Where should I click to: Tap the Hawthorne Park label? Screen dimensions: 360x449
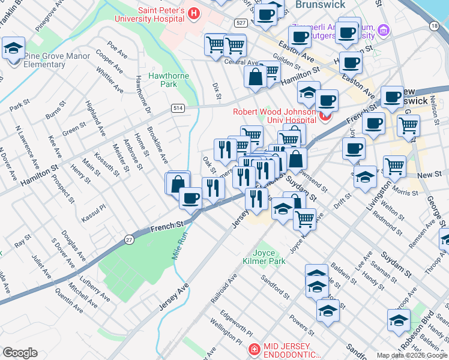(x=169, y=80)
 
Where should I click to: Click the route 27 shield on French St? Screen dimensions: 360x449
(x=130, y=240)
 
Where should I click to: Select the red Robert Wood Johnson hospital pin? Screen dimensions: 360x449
(x=326, y=115)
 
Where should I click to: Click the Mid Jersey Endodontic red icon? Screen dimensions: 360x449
(x=255, y=349)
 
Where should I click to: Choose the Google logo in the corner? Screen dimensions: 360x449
(x=20, y=353)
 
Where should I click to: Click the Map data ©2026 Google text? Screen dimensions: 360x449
(x=412, y=355)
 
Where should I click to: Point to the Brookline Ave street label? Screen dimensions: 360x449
(x=157, y=146)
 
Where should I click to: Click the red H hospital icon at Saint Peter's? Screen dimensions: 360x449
(x=193, y=13)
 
